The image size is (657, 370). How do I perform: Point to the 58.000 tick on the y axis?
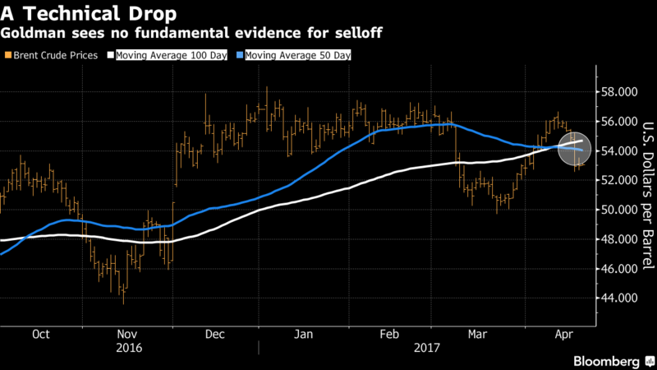click(618, 92)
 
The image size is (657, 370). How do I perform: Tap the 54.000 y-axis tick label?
click(618, 151)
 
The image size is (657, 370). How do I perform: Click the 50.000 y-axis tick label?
click(618, 210)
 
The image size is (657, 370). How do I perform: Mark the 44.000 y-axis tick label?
click(618, 298)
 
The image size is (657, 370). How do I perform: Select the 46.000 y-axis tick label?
click(618, 269)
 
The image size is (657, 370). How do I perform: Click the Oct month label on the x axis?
click(40, 335)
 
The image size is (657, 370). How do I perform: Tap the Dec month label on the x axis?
click(215, 335)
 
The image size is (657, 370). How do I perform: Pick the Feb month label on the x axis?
click(390, 335)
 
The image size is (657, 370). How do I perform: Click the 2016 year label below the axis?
click(128, 348)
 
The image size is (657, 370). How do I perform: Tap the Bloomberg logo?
click(606, 360)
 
